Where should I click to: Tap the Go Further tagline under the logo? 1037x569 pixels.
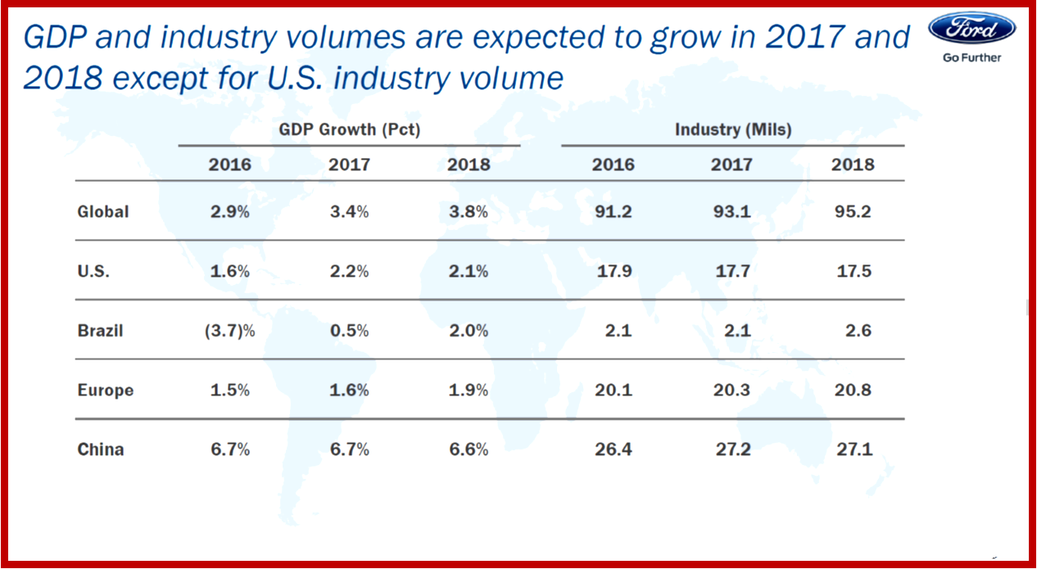point(972,57)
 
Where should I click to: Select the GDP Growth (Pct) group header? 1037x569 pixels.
point(350,129)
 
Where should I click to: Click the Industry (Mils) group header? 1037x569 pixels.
point(732,129)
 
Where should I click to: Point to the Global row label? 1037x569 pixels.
point(103,211)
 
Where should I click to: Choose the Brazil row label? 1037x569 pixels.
point(100,331)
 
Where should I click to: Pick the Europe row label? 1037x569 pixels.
point(105,390)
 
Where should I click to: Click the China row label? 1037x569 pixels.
point(101,449)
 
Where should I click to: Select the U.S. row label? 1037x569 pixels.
point(94,271)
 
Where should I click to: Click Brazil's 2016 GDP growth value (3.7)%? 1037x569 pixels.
point(230,331)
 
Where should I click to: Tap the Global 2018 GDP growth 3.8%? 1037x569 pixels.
point(468,211)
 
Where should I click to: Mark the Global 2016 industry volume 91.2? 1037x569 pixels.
point(613,211)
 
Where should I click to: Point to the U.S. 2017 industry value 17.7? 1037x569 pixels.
point(731,271)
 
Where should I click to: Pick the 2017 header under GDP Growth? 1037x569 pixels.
point(349,165)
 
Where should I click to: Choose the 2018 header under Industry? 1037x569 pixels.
point(852,165)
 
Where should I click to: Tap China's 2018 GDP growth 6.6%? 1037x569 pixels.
point(468,449)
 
